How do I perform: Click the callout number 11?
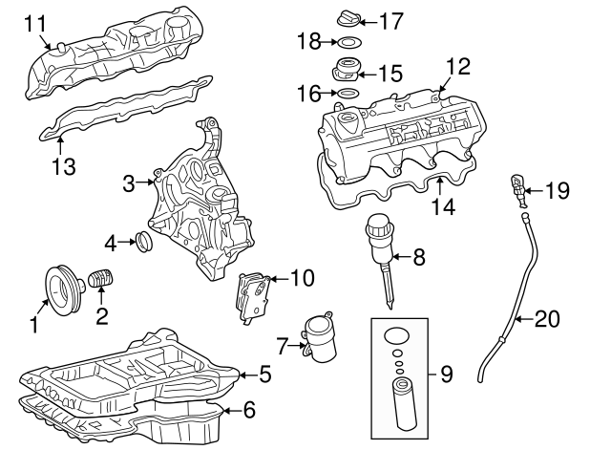click(33, 20)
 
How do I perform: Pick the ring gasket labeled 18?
click(350, 42)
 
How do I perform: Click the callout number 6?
click(250, 411)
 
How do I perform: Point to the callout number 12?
click(458, 67)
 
